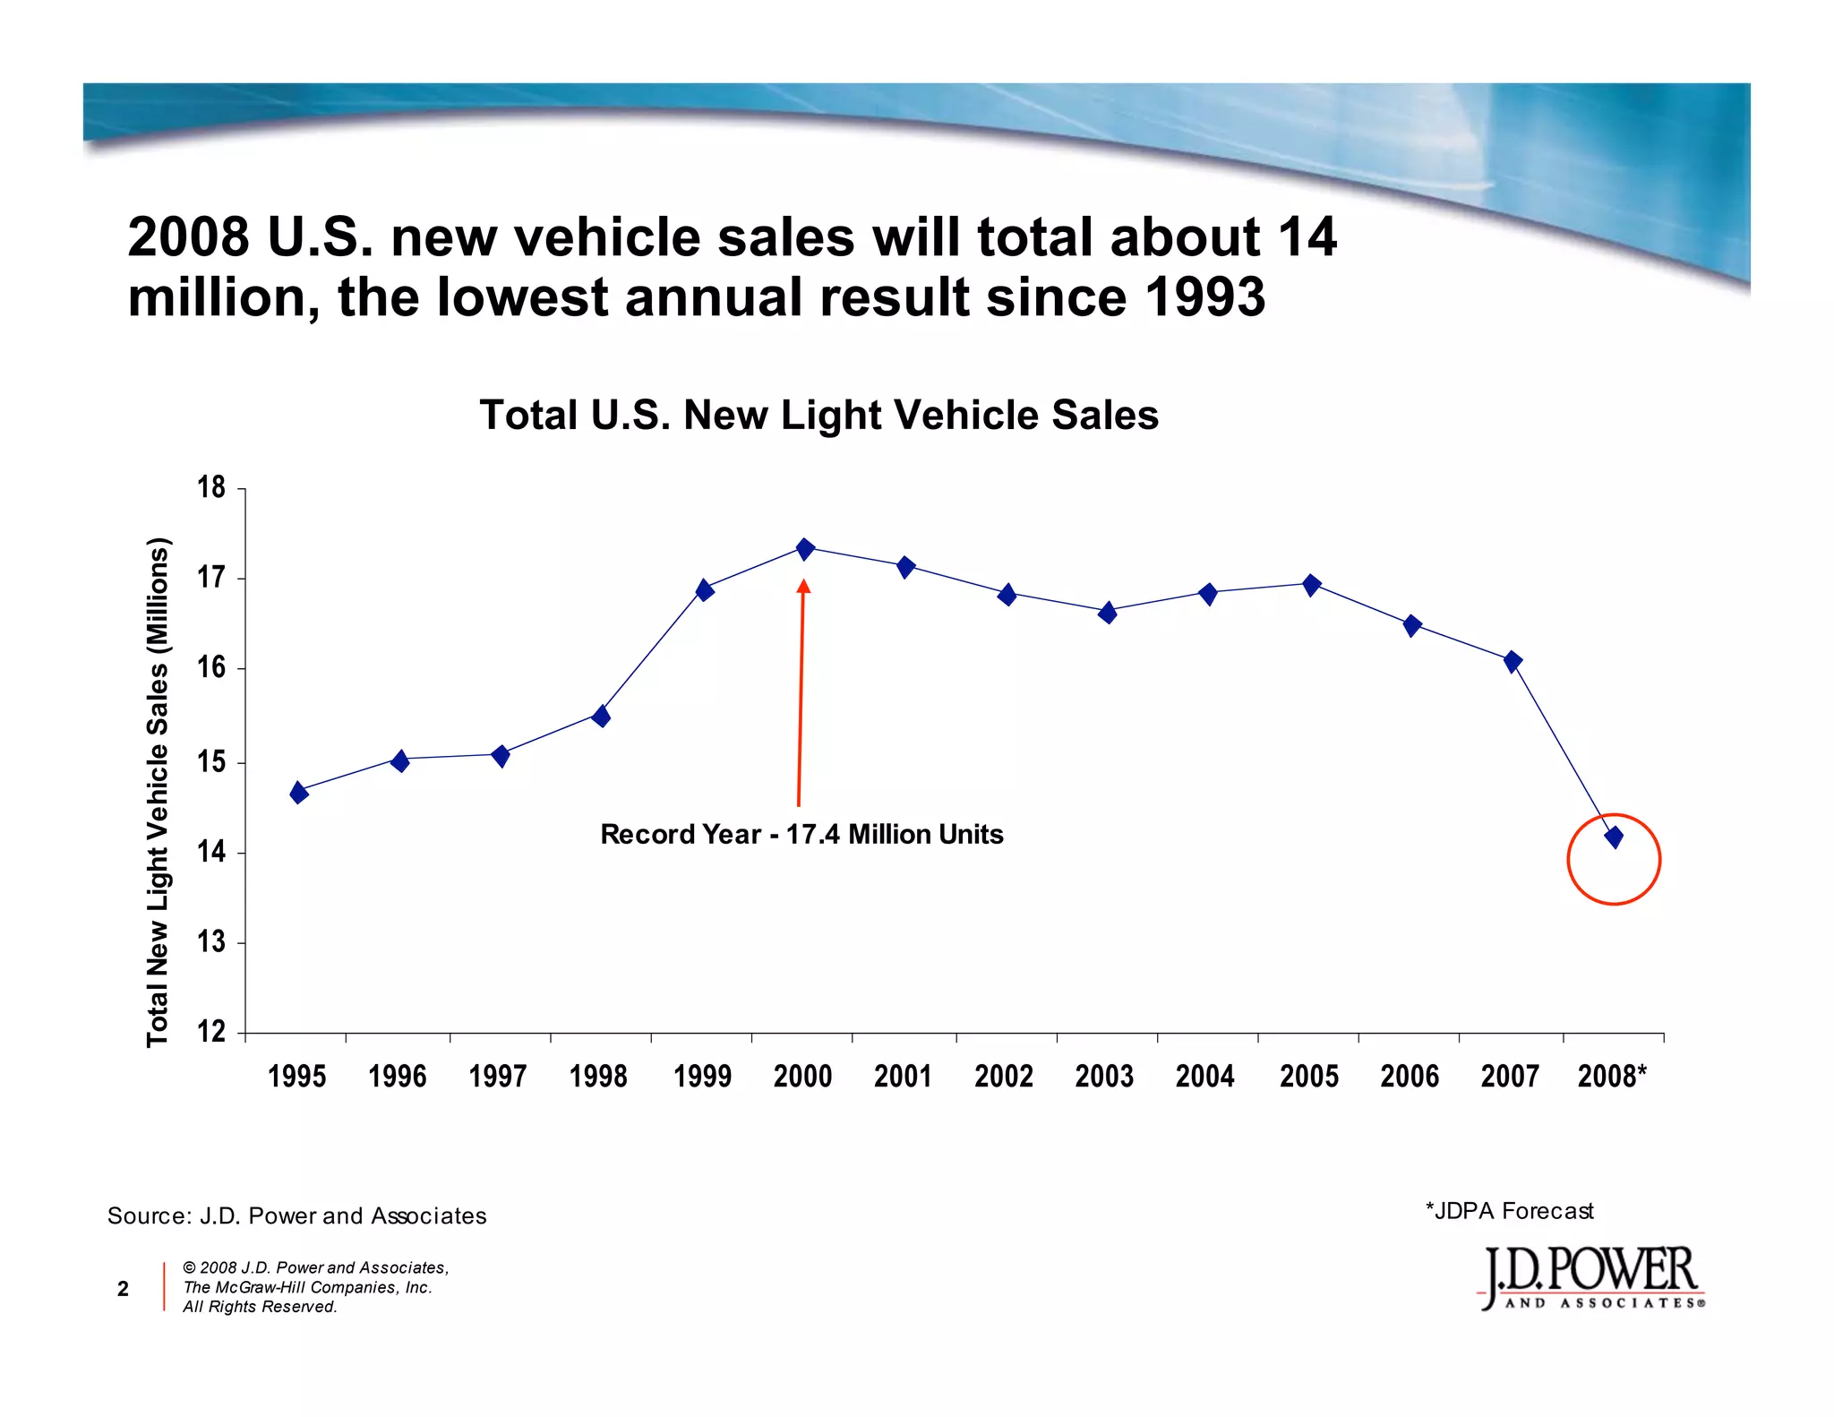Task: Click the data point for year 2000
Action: pyautogui.click(x=805, y=549)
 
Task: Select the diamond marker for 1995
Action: pyautogui.click(x=299, y=793)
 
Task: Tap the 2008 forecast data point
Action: pyautogui.click(x=1614, y=837)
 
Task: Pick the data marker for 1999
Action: pyautogui.click(x=705, y=590)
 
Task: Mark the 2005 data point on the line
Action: pyautogui.click(x=1311, y=585)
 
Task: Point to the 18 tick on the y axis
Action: pyautogui.click(x=211, y=488)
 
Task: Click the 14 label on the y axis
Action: pyautogui.click(x=211, y=852)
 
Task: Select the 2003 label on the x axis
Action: pyautogui.click(x=1104, y=1076)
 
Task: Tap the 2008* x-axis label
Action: pyautogui.click(x=1612, y=1076)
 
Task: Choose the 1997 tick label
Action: pyautogui.click(x=498, y=1076)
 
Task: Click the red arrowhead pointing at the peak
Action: pyautogui.click(x=803, y=587)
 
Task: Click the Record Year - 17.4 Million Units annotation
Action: pyautogui.click(x=801, y=835)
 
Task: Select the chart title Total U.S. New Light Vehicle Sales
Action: pyautogui.click(x=818, y=416)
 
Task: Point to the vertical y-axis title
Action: pyautogui.click(x=158, y=792)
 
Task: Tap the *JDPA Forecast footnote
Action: pyautogui.click(x=1509, y=1211)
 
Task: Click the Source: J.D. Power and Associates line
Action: pyautogui.click(x=296, y=1215)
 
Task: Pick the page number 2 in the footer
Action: pyautogui.click(x=123, y=1289)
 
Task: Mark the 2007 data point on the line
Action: pyautogui.click(x=1513, y=662)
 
